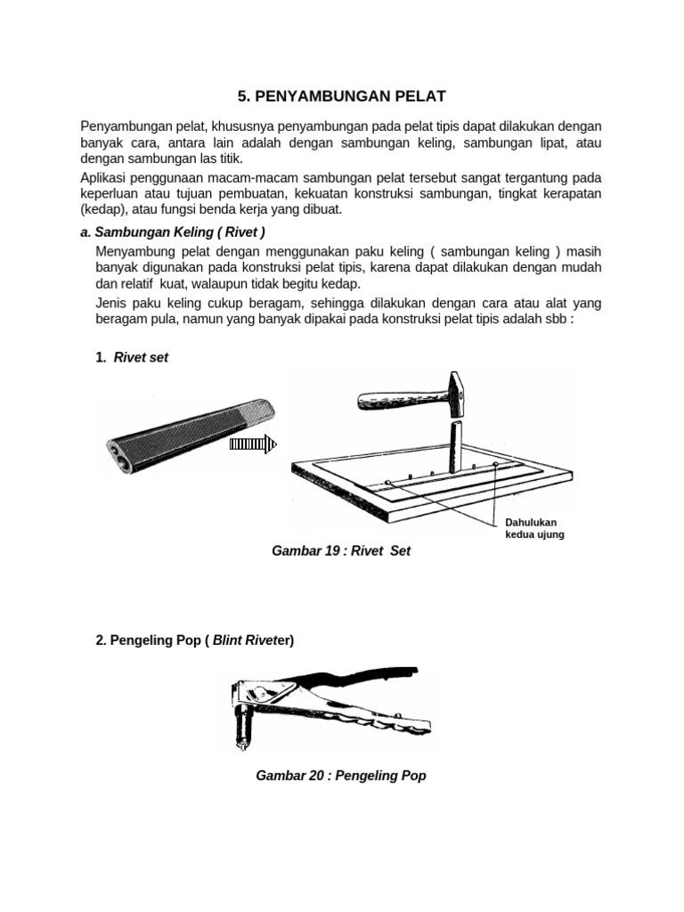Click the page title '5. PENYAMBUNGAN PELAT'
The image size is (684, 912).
click(341, 95)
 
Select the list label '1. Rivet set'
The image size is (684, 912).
click(132, 357)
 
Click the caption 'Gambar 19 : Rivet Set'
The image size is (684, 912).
click(341, 551)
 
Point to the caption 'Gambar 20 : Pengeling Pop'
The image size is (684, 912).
click(341, 776)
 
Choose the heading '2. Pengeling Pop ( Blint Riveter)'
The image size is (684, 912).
click(195, 640)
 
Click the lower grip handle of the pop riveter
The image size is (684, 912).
click(374, 721)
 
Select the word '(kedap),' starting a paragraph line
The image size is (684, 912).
click(105, 210)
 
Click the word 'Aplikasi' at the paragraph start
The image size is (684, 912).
click(105, 178)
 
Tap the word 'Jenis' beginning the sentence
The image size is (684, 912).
click(111, 304)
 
